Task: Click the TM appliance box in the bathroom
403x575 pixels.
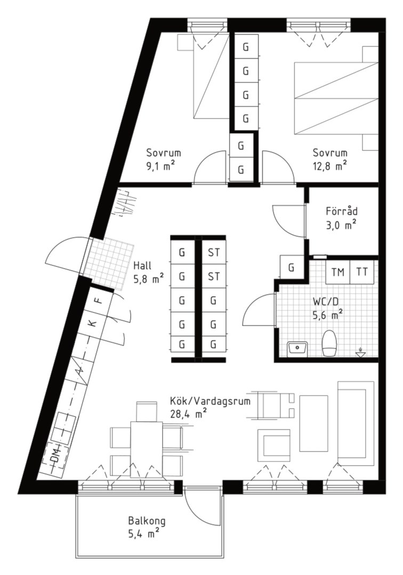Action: pyautogui.click(x=338, y=272)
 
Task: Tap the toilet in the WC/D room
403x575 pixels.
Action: pyautogui.click(x=329, y=343)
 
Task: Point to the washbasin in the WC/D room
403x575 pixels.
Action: pyautogui.click(x=297, y=347)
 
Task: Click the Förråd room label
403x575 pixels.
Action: pyautogui.click(x=341, y=211)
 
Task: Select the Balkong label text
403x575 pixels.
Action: pyautogui.click(x=147, y=521)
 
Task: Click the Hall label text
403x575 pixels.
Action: pyautogui.click(x=142, y=265)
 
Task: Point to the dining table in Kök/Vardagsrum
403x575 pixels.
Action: pyautogui.click(x=147, y=450)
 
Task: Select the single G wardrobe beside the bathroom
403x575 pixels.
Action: pyautogui.click(x=292, y=267)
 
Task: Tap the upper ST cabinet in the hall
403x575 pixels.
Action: pyautogui.click(x=214, y=252)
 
